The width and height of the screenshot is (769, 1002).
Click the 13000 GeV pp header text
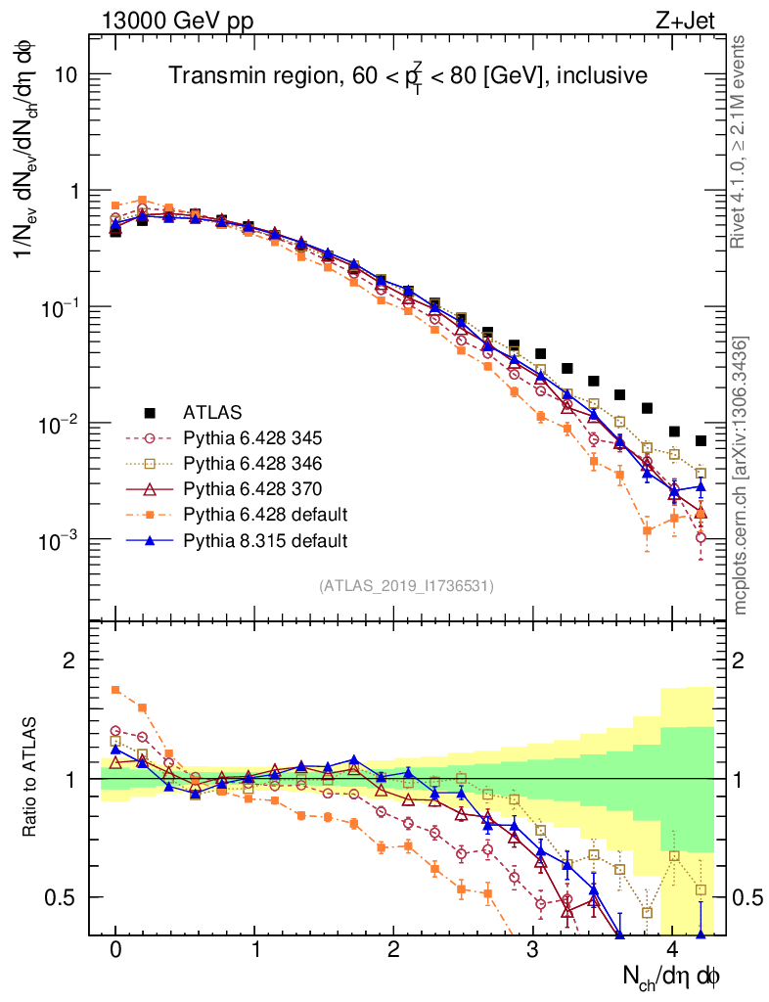(175, 19)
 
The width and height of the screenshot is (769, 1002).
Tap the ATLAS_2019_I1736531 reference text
(406, 586)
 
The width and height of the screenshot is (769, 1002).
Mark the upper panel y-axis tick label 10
(68, 75)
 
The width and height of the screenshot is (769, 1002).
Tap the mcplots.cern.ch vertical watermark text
(741, 477)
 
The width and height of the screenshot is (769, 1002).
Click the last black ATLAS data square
(701, 441)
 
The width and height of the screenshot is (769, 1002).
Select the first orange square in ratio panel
(115, 690)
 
